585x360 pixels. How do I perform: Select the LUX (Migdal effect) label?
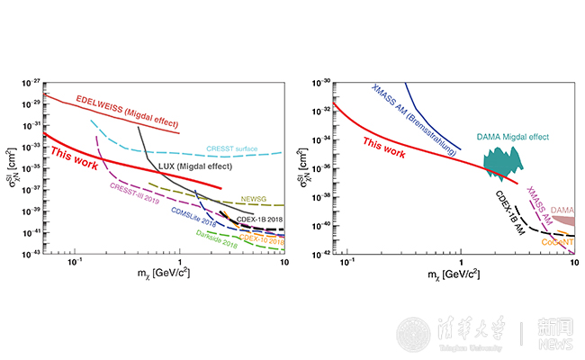point(193,167)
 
